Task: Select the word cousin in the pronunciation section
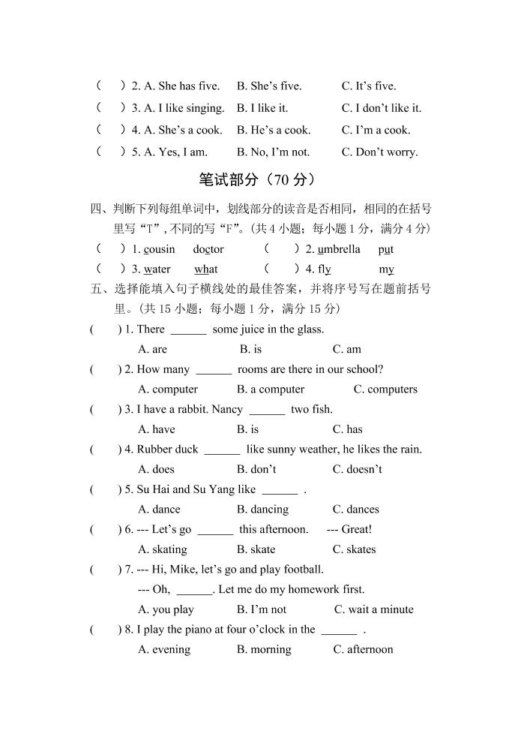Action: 159,249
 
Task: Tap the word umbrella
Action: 339,249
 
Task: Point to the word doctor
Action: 208,249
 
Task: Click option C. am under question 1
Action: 347,349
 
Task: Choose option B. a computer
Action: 271,389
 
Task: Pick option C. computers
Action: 385,389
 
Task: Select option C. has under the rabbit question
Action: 348,429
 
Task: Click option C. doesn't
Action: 358,469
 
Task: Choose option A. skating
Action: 163,549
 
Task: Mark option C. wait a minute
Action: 373,609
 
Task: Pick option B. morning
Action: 264,649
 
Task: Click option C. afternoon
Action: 363,649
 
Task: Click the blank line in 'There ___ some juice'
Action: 188,330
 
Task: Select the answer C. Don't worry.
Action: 380,152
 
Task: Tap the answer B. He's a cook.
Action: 274,130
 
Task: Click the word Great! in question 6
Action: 357,529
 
